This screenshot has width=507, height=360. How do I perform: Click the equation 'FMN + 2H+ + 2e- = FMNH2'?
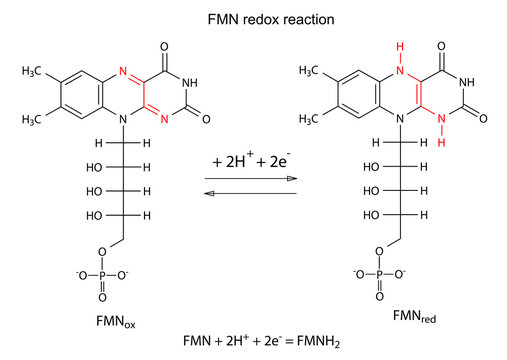coord(252,341)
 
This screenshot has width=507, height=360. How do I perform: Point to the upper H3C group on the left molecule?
coord(32,74)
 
